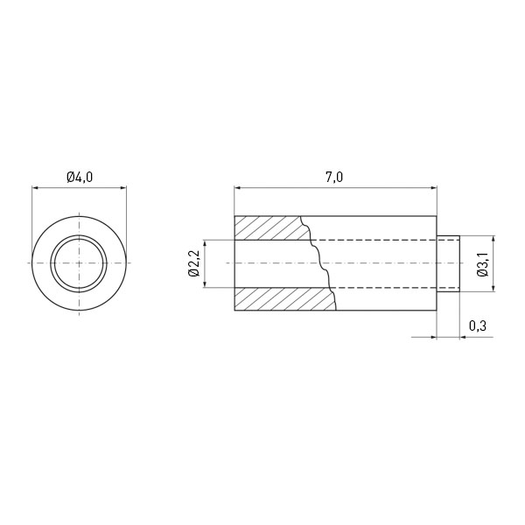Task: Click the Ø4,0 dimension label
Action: [x=80, y=177]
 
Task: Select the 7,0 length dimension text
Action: [x=334, y=177]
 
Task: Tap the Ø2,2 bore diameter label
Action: [x=194, y=263]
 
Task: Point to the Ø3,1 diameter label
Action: [x=483, y=264]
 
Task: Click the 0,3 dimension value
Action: [x=478, y=325]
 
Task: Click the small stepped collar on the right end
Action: [x=448, y=264]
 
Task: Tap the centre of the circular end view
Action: [x=80, y=263]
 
